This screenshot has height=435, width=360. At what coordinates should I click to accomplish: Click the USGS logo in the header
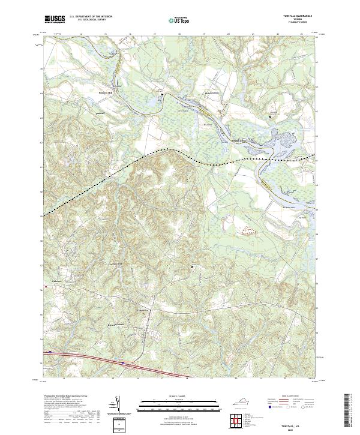pos(55,20)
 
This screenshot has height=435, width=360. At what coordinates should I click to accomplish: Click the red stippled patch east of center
pos(250,229)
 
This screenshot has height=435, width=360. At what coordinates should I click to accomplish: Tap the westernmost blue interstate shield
pos(50,352)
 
